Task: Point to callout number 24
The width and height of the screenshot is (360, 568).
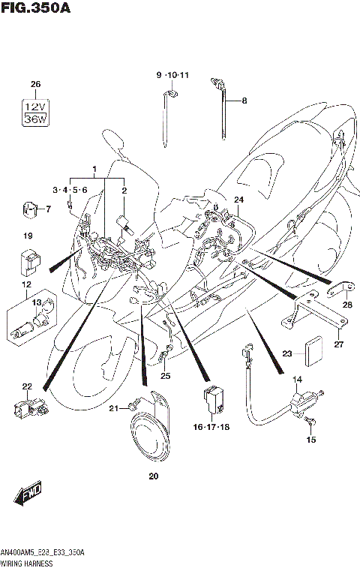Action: tap(238, 200)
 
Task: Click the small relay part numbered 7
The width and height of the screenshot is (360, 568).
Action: tap(29, 209)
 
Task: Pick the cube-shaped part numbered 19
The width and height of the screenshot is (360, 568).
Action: tap(28, 261)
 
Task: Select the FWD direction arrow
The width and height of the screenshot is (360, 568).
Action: tap(28, 494)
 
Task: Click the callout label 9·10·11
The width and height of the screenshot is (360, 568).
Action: tap(173, 76)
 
